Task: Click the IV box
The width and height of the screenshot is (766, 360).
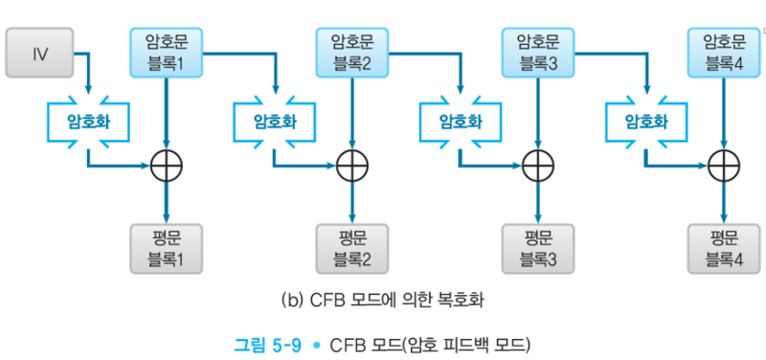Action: pyautogui.click(x=40, y=54)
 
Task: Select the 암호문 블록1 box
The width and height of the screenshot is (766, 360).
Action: pyautogui.click(x=168, y=54)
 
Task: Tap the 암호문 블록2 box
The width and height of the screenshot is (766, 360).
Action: pyautogui.click(x=351, y=54)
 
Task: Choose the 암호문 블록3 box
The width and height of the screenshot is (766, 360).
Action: pyautogui.click(x=538, y=54)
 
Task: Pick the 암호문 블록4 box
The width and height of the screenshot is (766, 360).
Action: pyautogui.click(x=725, y=54)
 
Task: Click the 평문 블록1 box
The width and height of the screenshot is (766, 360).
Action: pyautogui.click(x=168, y=247)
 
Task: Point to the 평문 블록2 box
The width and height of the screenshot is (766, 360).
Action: pyautogui.click(x=351, y=247)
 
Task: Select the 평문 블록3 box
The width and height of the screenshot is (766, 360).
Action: pyautogui.click(x=538, y=247)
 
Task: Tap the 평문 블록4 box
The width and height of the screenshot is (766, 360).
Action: pyautogui.click(x=725, y=247)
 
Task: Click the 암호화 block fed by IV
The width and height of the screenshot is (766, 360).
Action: pyautogui.click(x=87, y=122)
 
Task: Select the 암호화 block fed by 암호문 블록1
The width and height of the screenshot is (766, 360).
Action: pyautogui.click(x=273, y=122)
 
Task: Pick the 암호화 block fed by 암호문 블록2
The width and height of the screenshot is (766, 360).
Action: pyautogui.click(x=460, y=122)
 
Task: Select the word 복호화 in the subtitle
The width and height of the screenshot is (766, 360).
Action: pyautogui.click(x=462, y=301)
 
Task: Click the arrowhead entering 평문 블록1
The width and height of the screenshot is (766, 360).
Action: pyautogui.click(x=168, y=217)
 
